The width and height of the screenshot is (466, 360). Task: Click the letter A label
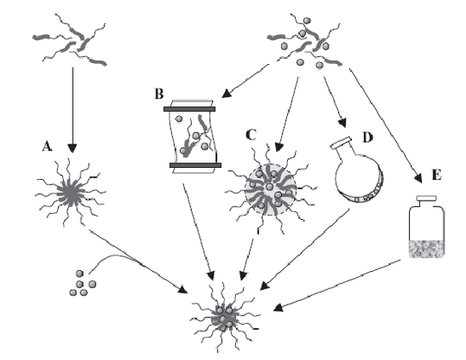(47, 146)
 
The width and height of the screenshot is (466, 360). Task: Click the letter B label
(159, 93)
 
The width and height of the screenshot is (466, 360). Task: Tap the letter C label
(251, 135)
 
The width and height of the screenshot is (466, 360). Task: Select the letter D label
(367, 138)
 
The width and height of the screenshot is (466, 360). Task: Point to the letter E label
(437, 176)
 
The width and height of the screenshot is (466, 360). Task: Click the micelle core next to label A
(71, 195)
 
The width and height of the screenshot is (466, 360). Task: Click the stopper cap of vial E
(426, 198)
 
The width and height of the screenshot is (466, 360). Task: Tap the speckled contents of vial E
(426, 248)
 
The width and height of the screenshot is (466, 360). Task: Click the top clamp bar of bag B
(189, 109)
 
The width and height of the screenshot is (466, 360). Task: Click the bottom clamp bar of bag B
(195, 165)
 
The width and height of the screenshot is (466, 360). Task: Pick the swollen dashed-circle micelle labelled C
(270, 190)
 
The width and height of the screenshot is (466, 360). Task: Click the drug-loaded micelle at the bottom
(225, 318)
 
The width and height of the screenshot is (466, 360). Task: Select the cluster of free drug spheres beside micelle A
(82, 283)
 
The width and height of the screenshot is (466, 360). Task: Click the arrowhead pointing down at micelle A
(73, 148)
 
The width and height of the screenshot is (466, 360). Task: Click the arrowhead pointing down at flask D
(342, 123)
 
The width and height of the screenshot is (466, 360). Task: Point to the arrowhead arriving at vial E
(418, 178)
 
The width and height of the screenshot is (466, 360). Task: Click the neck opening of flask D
(341, 143)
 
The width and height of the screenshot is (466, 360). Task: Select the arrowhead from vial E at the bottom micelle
(278, 307)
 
